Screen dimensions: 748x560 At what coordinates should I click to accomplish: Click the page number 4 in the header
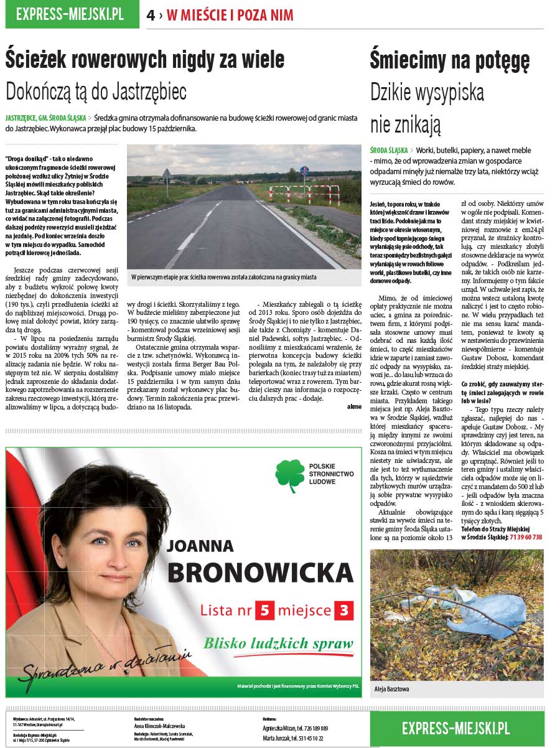click(151, 16)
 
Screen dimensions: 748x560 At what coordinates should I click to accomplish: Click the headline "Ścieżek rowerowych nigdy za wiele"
click(145, 60)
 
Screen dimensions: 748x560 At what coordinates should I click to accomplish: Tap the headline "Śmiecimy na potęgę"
click(450, 60)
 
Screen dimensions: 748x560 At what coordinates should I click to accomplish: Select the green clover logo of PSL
click(289, 476)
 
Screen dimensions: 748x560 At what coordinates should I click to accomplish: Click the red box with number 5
click(264, 610)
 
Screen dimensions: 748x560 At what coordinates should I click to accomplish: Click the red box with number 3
click(343, 610)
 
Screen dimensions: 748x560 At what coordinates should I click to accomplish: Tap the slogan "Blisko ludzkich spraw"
click(278, 643)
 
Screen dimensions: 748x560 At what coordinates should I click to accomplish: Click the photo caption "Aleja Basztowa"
click(391, 690)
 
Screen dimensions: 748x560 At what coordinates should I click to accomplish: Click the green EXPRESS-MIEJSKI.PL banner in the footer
click(456, 727)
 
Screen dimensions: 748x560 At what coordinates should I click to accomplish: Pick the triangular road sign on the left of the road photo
click(166, 174)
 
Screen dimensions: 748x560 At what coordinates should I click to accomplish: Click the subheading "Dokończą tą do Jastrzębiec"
click(96, 91)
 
